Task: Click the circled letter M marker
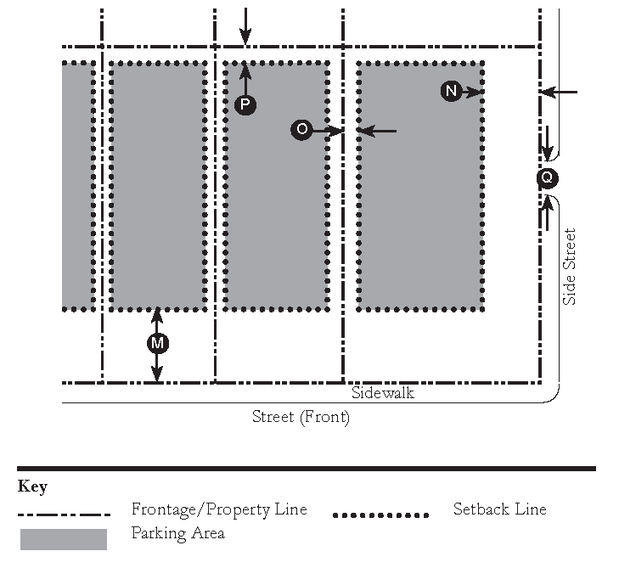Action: point(158,343)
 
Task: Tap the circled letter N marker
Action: point(451,91)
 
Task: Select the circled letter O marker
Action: point(301,129)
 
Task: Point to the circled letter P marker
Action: point(245,104)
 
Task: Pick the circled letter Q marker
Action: point(548,177)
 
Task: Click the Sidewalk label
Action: point(383,393)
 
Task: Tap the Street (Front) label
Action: point(301,417)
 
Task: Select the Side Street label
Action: point(569,267)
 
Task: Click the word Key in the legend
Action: point(32,486)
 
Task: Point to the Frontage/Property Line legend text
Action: point(219,509)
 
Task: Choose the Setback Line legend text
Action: point(500,509)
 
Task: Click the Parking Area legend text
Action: point(178,533)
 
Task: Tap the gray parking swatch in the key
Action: point(64,539)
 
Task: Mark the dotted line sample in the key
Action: point(381,515)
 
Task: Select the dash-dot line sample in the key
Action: point(64,515)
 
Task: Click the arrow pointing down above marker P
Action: point(245,26)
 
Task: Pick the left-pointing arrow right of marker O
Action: point(377,131)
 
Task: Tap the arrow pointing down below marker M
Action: point(157,368)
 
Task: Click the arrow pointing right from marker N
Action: point(473,93)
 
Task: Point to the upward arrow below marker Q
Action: point(547,212)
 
